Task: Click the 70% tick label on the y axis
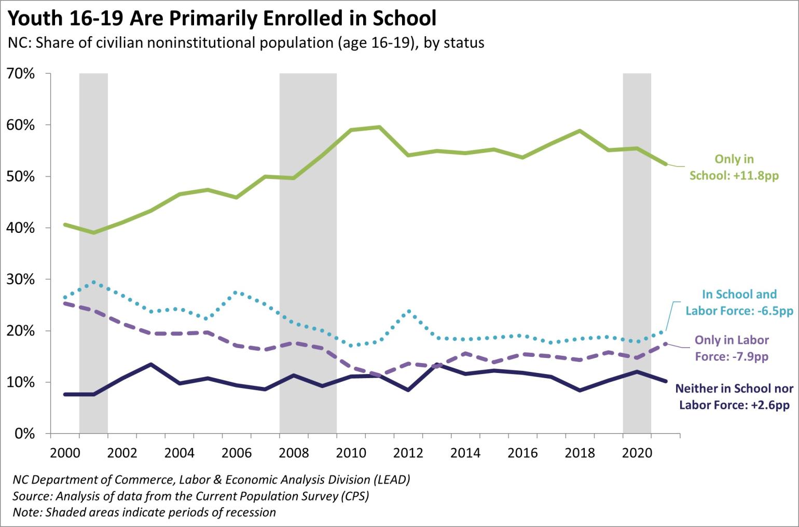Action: [21, 74]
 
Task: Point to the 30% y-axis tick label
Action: [21, 280]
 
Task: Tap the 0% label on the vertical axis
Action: [24, 434]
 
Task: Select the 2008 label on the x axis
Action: [294, 453]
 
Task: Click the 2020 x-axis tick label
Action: [637, 453]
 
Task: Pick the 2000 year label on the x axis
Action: [65, 453]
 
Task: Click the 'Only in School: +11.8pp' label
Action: [734, 168]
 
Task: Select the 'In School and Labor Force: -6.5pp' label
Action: [739, 302]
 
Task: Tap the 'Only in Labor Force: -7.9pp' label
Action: [732, 348]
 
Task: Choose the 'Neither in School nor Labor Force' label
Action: [734, 397]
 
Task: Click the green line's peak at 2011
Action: [379, 127]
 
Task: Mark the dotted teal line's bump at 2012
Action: [409, 311]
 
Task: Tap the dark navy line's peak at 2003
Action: [150, 364]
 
